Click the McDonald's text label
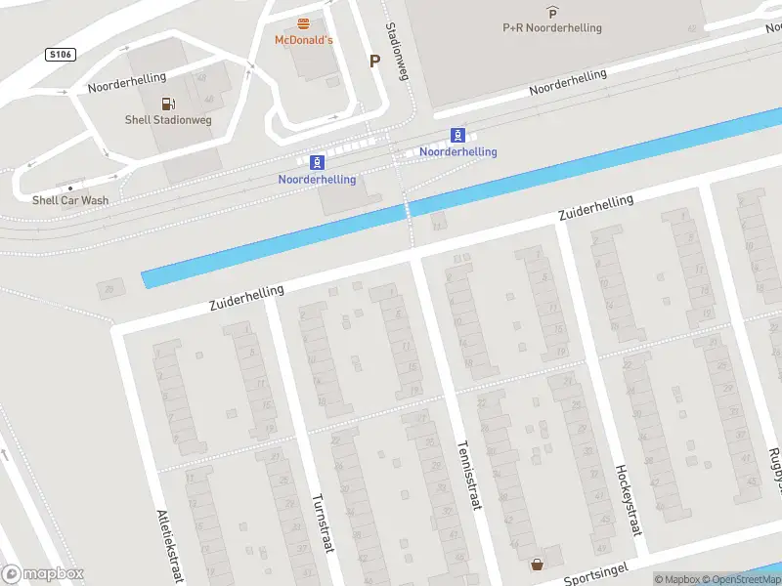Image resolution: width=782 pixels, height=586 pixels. click(x=303, y=40)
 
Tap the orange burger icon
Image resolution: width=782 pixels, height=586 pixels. click(x=303, y=23)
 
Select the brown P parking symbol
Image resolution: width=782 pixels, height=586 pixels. click(x=374, y=61)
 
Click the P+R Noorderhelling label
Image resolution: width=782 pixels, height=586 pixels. click(x=552, y=28)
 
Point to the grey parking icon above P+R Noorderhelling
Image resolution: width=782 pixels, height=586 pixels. click(x=552, y=13)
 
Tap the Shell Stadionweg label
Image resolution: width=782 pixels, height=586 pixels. click(x=168, y=120)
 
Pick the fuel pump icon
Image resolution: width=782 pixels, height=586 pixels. click(x=168, y=103)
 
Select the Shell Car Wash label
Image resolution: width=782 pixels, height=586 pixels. click(x=70, y=200)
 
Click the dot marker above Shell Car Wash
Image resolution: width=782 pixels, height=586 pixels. click(x=70, y=187)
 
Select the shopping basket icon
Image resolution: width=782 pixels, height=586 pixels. click(x=537, y=564)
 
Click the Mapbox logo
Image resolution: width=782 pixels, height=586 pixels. click(x=44, y=574)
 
